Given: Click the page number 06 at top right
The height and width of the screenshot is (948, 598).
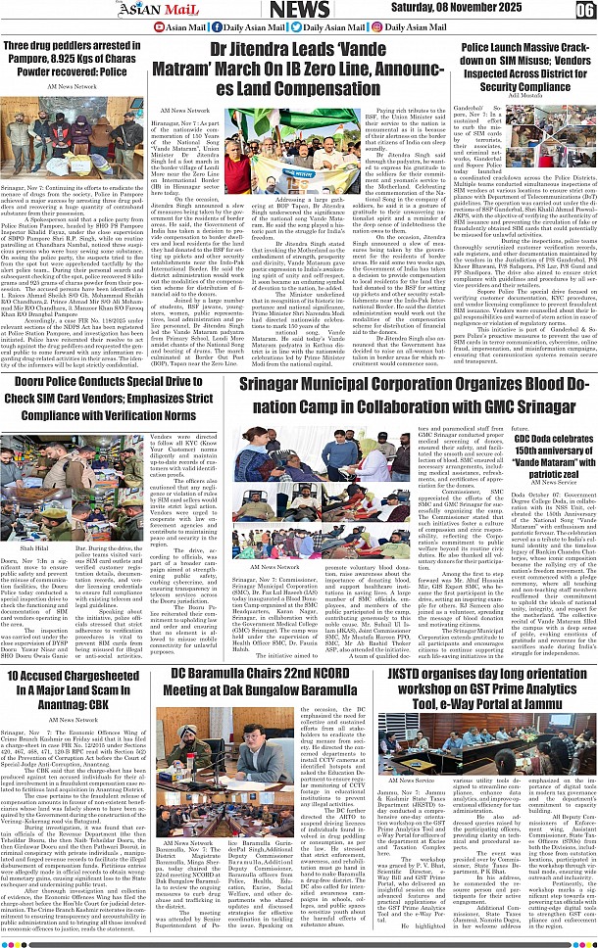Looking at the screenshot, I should click(584, 11).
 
